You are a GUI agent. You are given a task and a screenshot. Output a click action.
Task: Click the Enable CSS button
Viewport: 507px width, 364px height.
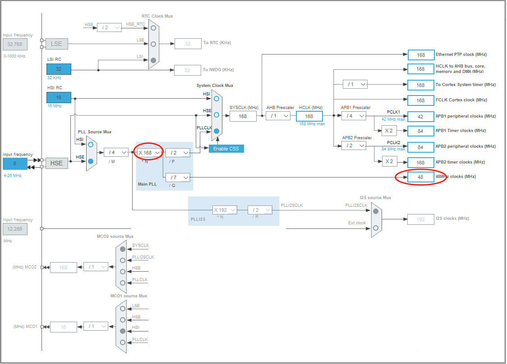pos(226,149)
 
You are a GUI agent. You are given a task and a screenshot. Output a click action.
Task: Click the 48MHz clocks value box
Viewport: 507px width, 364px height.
pos(420,177)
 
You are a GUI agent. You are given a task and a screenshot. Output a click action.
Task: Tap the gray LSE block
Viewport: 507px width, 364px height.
pos(56,44)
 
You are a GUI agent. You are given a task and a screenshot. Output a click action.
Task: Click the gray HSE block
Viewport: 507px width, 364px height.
pos(56,163)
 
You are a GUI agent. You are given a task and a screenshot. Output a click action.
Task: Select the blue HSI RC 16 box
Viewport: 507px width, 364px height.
pos(59,97)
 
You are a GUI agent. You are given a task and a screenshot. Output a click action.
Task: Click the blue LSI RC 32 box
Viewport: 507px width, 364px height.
pos(59,69)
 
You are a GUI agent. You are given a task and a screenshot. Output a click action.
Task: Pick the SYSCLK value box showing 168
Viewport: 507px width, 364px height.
pos(243,116)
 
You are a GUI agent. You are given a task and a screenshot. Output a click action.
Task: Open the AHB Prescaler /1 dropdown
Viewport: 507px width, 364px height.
pos(278,116)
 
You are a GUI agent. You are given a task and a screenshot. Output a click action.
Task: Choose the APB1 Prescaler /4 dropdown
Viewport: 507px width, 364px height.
pos(354,116)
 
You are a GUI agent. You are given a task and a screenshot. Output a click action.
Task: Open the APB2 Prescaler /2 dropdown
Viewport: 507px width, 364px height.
pos(354,146)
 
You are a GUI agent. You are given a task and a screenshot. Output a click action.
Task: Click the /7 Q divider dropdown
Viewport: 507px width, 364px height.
pos(178,177)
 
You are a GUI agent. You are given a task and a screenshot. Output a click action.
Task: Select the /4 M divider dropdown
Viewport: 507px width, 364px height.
pos(116,152)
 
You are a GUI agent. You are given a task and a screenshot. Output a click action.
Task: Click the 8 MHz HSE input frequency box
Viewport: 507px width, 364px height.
pos(15,164)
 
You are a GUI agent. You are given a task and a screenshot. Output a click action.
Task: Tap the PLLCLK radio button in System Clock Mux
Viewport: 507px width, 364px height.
pos(217,132)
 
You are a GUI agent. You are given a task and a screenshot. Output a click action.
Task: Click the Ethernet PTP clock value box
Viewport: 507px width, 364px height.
pos(420,55)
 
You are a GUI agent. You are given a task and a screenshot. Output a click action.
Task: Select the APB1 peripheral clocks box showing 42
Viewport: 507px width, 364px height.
pos(420,116)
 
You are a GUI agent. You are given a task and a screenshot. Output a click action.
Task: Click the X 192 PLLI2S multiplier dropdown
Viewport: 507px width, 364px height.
pos(225,210)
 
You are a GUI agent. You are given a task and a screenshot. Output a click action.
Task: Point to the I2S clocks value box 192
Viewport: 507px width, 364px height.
pos(420,219)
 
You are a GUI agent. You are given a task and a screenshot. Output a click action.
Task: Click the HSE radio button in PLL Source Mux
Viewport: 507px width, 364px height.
pos(91,161)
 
